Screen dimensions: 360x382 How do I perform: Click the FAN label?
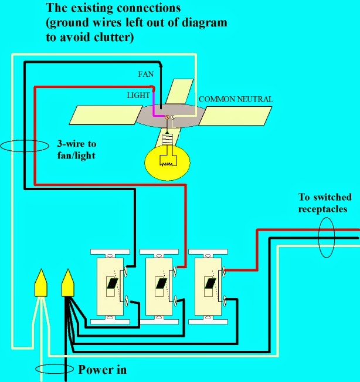tap(146, 74)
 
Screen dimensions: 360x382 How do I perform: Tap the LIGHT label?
tap(138, 95)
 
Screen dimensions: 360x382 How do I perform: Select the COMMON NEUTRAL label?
tap(236, 99)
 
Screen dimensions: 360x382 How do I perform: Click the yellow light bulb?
tap(167, 163)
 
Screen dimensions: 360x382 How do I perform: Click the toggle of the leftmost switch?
tap(112, 283)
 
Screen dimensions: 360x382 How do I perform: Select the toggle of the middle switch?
tap(161, 283)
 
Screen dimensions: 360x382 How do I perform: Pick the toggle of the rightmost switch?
tap(210, 283)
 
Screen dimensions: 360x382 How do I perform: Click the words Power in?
tap(102, 370)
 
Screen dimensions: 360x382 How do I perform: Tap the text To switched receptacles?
tap(325, 203)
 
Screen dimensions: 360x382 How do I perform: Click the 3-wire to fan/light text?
tap(76, 150)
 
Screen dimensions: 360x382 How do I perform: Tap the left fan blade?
tap(106, 115)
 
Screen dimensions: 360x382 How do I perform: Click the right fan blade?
tap(235, 116)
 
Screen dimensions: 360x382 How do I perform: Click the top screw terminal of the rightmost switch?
tap(224, 271)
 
